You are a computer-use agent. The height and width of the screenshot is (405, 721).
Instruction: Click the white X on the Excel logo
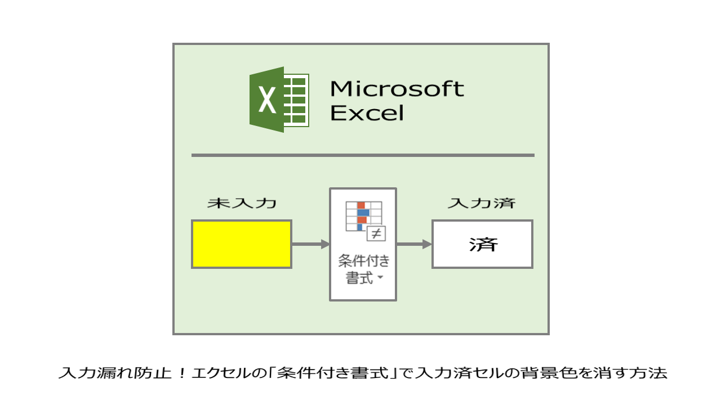(267, 100)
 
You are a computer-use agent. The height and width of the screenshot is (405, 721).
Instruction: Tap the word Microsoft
(397, 89)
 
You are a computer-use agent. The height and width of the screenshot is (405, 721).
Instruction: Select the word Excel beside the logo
(367, 113)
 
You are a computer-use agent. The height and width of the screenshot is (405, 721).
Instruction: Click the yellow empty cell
(242, 244)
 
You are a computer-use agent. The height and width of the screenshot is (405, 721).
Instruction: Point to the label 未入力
(242, 203)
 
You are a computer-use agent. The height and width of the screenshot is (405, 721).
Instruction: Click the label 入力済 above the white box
(482, 203)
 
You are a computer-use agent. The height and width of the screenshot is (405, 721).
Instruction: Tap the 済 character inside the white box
(483, 245)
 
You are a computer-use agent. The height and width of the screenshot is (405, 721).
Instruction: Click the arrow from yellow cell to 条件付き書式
(310, 244)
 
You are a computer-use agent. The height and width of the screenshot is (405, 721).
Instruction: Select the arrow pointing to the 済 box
(414, 244)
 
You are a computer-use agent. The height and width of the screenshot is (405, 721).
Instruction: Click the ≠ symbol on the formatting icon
(376, 233)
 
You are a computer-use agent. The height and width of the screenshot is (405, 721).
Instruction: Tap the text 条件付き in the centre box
(364, 260)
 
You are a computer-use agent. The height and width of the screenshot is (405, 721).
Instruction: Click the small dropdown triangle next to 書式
(380, 277)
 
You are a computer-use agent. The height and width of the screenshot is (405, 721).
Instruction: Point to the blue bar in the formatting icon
(363, 213)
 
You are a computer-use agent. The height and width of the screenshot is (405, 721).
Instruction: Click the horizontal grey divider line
(363, 155)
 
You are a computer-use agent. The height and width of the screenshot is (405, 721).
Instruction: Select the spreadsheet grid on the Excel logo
(296, 100)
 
